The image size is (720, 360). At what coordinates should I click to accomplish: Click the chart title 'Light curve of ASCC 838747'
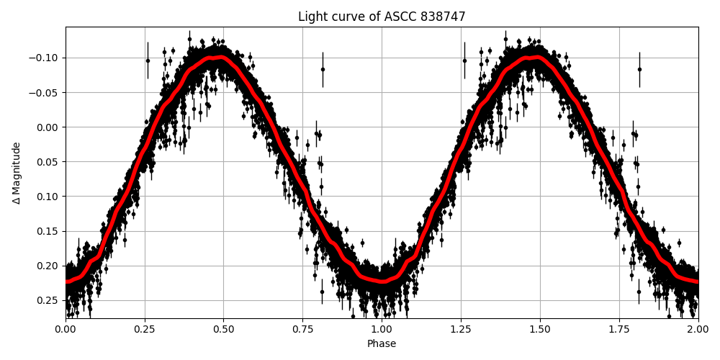pyautogui.click(x=382, y=17)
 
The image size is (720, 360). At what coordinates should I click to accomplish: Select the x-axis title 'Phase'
pyautogui.click(x=382, y=344)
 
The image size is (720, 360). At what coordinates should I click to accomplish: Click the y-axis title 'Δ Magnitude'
pyautogui.click(x=17, y=173)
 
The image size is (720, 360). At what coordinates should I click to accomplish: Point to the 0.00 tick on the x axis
pyautogui.click(x=66, y=330)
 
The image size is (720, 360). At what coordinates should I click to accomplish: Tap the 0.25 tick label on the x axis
pyautogui.click(x=145, y=330)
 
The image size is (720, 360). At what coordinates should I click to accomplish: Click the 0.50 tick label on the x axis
pyautogui.click(x=224, y=330)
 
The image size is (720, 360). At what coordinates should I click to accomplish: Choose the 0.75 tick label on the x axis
pyautogui.click(x=302, y=330)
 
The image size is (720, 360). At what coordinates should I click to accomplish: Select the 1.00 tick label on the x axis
pyautogui.click(x=382, y=330)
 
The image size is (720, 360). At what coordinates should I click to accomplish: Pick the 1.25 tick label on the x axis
pyautogui.click(x=461, y=330)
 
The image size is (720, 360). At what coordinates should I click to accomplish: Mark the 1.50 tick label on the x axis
pyautogui.click(x=540, y=330)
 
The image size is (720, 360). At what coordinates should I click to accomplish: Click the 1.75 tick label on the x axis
pyautogui.click(x=619, y=330)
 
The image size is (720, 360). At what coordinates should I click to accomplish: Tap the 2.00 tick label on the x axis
pyautogui.click(x=698, y=330)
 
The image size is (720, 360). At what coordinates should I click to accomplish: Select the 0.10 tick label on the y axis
pyautogui.click(x=48, y=197)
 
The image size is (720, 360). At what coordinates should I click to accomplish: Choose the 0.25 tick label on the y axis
pyautogui.click(x=48, y=300)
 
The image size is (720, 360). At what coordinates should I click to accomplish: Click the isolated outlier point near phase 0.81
pyautogui.click(x=323, y=69)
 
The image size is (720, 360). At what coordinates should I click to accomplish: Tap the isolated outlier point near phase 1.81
pyautogui.click(x=639, y=69)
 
